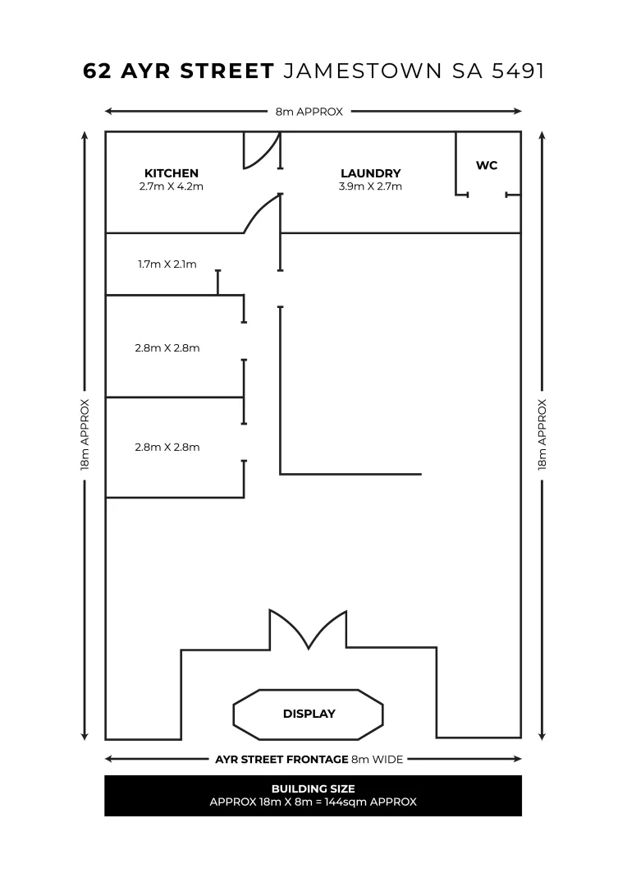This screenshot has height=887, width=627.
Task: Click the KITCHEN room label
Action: (x=172, y=173)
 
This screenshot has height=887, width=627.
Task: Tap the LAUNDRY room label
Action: (x=370, y=173)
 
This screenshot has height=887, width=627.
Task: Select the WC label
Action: (x=487, y=165)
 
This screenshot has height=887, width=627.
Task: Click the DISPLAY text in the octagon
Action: (x=309, y=714)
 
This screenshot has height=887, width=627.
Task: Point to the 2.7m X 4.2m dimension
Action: (x=172, y=186)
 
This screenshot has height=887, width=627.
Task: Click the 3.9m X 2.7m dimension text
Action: (x=370, y=186)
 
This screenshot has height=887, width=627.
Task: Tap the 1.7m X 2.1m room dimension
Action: (x=167, y=264)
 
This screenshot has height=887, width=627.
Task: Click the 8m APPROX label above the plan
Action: (x=309, y=112)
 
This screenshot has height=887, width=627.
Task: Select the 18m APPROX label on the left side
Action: (x=85, y=435)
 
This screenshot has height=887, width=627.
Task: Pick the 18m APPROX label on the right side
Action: (x=542, y=435)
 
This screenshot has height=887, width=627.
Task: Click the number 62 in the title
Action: (x=97, y=71)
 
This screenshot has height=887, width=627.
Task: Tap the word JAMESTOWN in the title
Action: (x=363, y=71)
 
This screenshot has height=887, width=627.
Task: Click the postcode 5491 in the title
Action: (x=518, y=71)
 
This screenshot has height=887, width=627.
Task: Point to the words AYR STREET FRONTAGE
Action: (x=281, y=759)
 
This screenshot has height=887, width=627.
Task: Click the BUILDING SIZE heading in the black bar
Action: (x=313, y=788)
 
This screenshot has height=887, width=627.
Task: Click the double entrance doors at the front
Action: (x=308, y=629)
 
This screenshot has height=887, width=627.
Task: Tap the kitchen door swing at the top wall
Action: (x=262, y=150)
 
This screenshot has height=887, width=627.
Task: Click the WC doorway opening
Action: (x=487, y=195)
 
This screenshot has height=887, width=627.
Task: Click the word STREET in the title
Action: (x=227, y=71)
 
